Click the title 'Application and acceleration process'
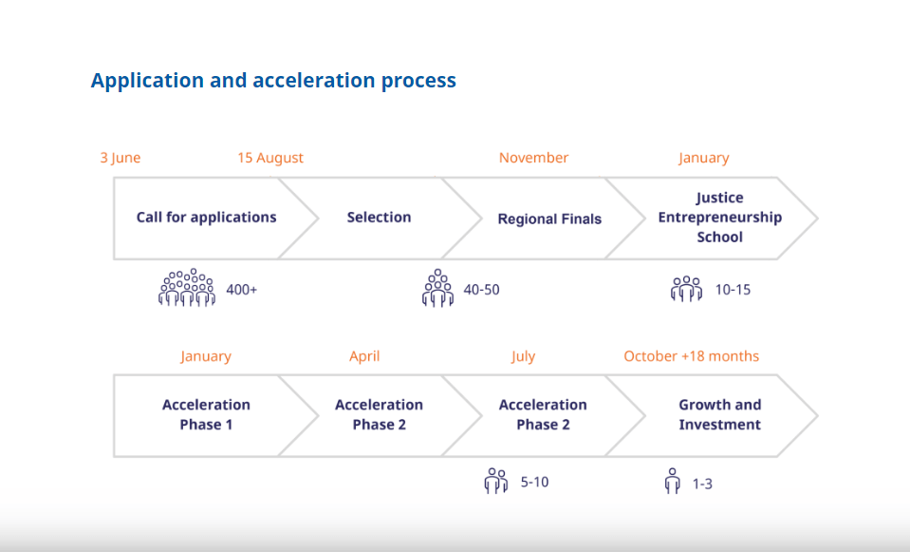pyautogui.click(x=273, y=81)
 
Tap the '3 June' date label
pyautogui.click(x=121, y=158)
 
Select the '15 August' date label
pyautogui.click(x=270, y=158)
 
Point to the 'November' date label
pyautogui.click(x=534, y=158)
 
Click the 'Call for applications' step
pyautogui.click(x=207, y=218)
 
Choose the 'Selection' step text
pyautogui.click(x=379, y=218)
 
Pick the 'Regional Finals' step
pyautogui.click(x=549, y=219)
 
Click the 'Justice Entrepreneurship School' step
pyautogui.click(x=719, y=218)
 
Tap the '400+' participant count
pyautogui.click(x=241, y=290)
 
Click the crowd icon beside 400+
pyautogui.click(x=187, y=287)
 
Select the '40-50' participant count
pyautogui.click(x=481, y=290)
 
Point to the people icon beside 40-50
pyautogui.click(x=437, y=288)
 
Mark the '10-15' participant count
pyautogui.click(x=733, y=290)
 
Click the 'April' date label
pyautogui.click(x=364, y=356)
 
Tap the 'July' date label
pyautogui.click(x=523, y=356)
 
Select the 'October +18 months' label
pyautogui.click(x=691, y=356)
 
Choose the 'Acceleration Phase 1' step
pyautogui.click(x=206, y=414)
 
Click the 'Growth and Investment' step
pyautogui.click(x=719, y=414)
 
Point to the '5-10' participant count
pyautogui.click(x=534, y=483)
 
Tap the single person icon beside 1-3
pyautogui.click(x=672, y=481)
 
